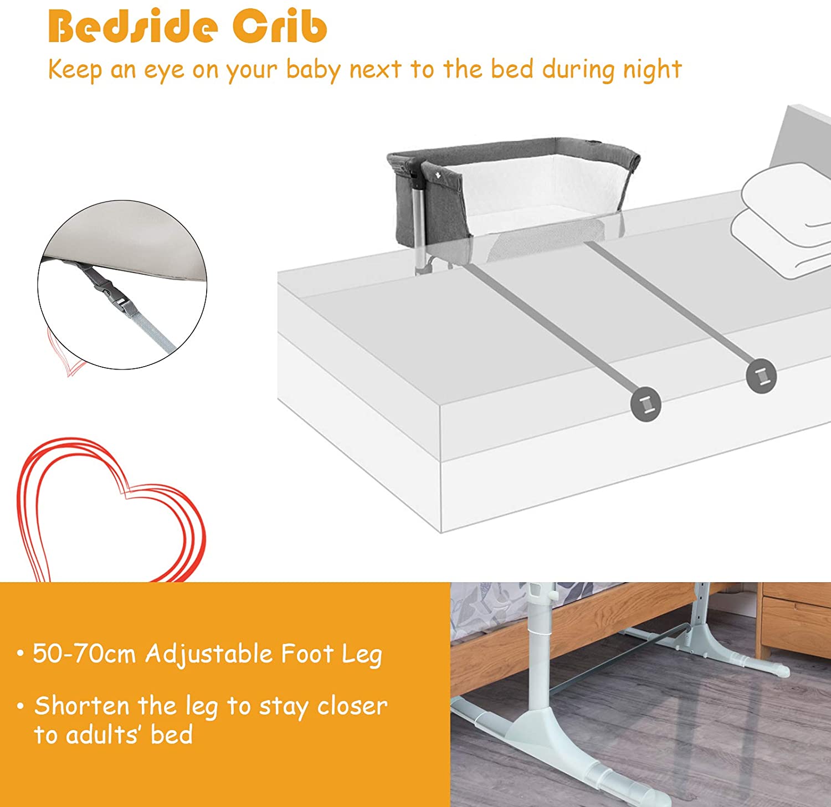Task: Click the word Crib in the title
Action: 280,26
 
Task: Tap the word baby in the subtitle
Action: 313,71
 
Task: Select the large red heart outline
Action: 111,510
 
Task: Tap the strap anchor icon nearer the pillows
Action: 761,376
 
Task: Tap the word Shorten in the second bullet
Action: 82,706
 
